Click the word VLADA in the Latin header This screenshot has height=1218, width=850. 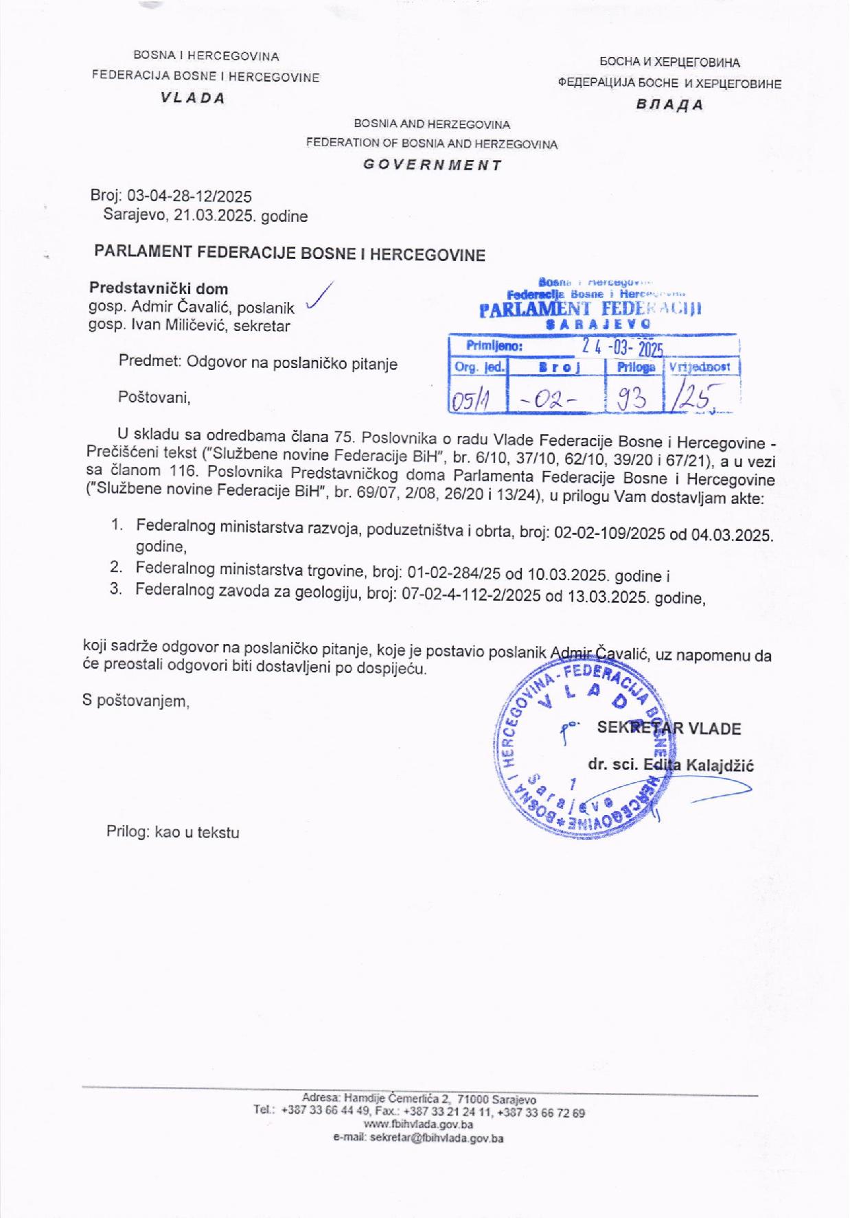coord(193,98)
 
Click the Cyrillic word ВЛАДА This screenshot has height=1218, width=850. coord(669,105)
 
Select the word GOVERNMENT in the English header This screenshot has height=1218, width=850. coord(432,165)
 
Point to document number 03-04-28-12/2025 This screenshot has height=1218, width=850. coord(190,196)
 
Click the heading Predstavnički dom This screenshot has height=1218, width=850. coord(159,289)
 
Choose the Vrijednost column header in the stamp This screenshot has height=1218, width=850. coord(699,367)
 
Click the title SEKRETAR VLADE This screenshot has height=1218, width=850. coord(669,728)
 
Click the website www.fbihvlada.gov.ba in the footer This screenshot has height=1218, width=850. coord(417,1125)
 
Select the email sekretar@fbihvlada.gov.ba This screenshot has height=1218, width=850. coord(418,1138)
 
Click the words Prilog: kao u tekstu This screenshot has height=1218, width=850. coord(173,832)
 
